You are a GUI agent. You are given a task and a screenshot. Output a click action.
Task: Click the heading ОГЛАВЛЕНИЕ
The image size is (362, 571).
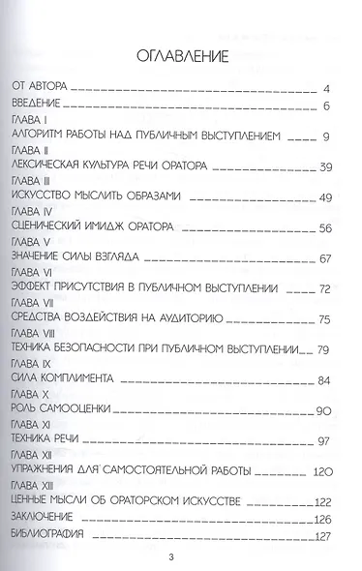coord(182,53)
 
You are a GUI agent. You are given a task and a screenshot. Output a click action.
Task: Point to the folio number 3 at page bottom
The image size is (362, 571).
coord(182,556)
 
